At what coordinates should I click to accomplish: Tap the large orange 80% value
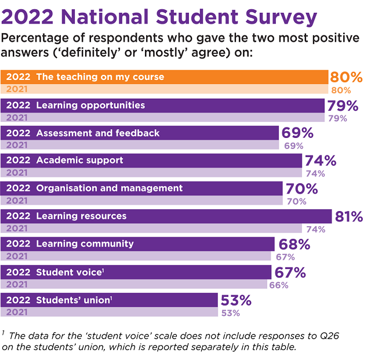(346, 77)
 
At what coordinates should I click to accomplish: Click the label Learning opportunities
(90, 106)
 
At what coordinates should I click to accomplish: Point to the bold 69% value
(297, 133)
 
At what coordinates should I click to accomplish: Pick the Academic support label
(79, 161)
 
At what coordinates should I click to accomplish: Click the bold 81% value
(348, 216)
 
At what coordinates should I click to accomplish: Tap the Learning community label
(85, 244)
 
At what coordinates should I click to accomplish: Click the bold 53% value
(235, 300)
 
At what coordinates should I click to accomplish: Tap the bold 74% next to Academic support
(321, 161)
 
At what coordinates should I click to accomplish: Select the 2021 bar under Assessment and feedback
(139, 146)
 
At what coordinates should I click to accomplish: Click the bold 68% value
(294, 244)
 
